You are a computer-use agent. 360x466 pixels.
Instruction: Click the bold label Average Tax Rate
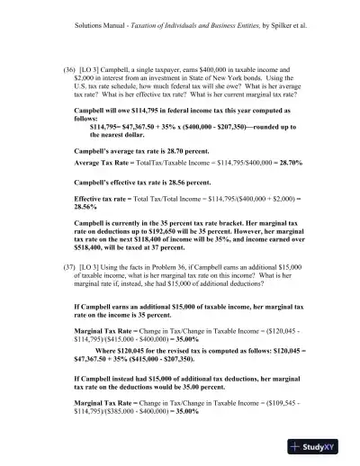coord(102,167)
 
